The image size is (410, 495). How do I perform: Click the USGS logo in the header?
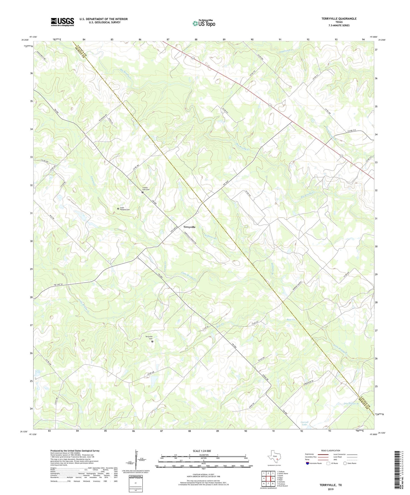pos(62,22)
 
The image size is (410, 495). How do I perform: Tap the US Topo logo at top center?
pos(204,23)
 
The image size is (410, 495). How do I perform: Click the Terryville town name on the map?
pos(189,227)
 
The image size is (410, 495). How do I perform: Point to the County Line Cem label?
pos(146,188)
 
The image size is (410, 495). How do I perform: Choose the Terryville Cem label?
pos(149,337)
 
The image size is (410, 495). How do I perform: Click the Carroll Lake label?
pos(304,423)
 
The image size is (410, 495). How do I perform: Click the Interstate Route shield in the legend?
pos(308,463)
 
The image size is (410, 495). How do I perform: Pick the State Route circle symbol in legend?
pos(345,463)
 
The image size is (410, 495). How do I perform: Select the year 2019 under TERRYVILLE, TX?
pos(331,489)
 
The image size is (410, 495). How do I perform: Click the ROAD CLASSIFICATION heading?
pos(331,450)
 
